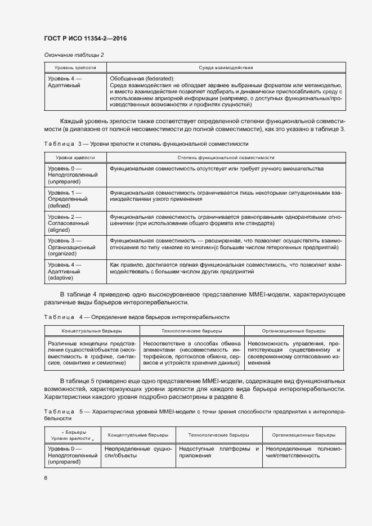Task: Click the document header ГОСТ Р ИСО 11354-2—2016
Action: click(85, 38)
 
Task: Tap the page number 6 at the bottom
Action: click(46, 478)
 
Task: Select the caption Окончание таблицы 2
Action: click(74, 55)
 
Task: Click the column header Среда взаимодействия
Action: click(225, 68)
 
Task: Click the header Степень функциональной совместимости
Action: click(225, 158)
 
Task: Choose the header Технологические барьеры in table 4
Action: click(191, 331)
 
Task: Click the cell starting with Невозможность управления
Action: click(293, 353)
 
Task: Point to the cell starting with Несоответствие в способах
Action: click(191, 353)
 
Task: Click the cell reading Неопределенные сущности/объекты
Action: click(138, 452)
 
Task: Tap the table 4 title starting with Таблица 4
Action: click(136, 317)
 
